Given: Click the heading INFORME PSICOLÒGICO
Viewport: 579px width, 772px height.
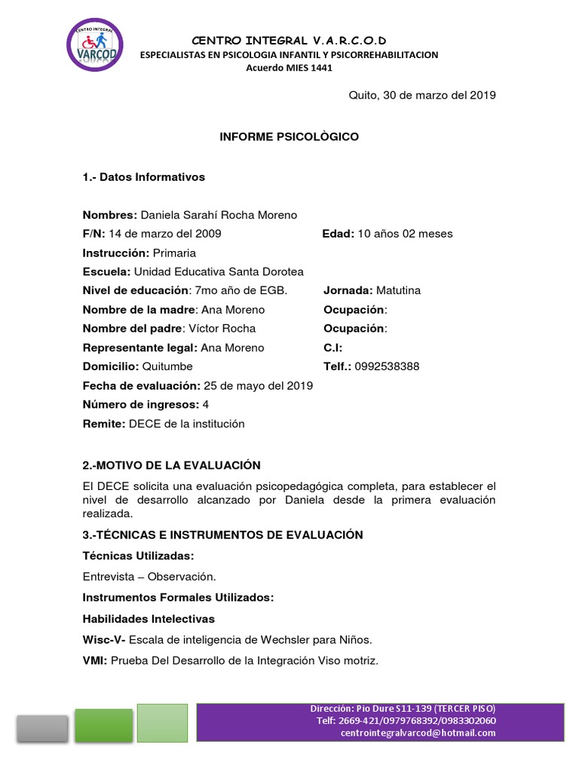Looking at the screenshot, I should coord(289,137).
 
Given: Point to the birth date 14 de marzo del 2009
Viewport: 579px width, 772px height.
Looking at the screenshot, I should coord(165,234).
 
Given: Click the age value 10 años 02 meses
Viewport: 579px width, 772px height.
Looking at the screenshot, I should coord(405,234).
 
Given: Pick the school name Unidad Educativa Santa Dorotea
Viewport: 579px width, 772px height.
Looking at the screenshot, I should coord(219,271).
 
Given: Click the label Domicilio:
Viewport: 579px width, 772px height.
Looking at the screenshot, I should coord(112,366).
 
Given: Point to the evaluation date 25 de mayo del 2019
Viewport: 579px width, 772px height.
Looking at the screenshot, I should coord(259,386).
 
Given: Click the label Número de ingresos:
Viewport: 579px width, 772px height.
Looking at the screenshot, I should coord(141,405).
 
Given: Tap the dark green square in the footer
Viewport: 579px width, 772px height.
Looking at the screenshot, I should coord(104,725).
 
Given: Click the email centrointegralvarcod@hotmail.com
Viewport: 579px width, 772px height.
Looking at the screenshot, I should coord(418,732).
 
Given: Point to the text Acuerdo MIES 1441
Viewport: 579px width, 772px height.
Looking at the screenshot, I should coord(289,68).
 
